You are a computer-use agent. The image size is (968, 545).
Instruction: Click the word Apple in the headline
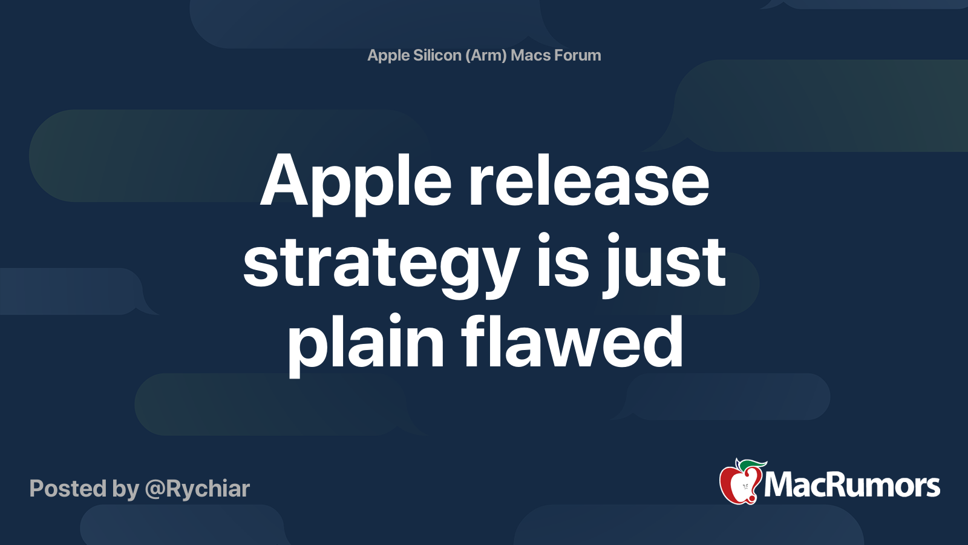coord(356,182)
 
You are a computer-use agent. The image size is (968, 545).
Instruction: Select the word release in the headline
coord(589,182)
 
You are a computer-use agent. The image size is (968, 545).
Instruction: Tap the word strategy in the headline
coord(381,264)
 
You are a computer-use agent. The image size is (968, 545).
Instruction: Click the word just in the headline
coord(664,264)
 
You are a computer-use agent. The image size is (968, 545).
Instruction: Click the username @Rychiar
coord(197,489)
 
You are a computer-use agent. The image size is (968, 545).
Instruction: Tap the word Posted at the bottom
coord(68,489)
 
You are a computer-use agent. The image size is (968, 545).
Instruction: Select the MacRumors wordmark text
coord(852,486)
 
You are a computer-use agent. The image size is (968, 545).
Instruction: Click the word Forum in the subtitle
coord(578,55)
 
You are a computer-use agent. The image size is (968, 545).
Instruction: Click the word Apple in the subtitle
coord(388,56)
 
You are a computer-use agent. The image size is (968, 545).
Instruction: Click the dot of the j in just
coord(614,237)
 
